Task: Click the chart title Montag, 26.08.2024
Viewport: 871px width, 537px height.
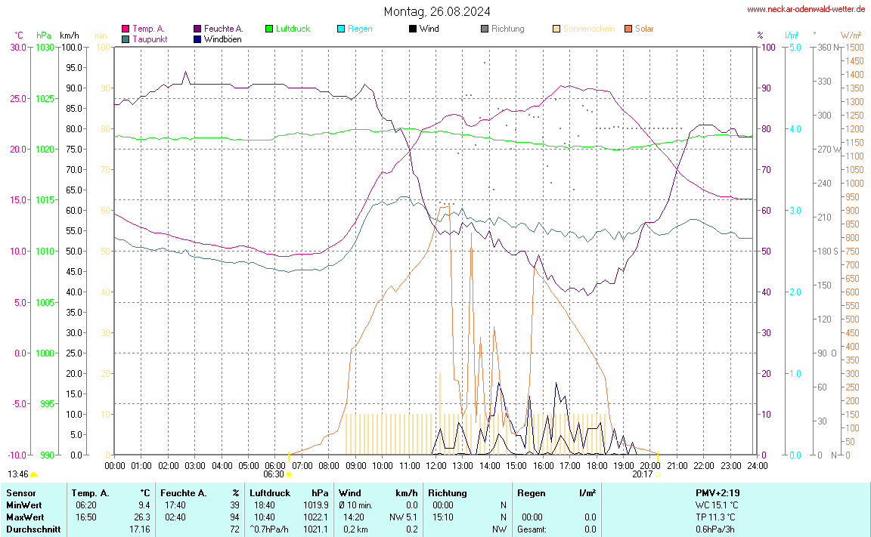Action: (436, 11)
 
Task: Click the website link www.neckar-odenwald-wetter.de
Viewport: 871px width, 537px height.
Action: (805, 9)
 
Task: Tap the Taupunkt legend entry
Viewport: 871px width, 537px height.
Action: (150, 39)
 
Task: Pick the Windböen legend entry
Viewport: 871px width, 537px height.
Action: (222, 39)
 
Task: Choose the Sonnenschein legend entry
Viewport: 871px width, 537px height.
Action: (588, 29)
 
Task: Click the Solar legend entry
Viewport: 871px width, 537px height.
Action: (644, 29)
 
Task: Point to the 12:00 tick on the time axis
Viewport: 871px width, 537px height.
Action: (435, 465)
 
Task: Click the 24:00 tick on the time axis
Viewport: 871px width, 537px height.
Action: (757, 465)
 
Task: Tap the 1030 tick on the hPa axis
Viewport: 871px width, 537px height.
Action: (45, 47)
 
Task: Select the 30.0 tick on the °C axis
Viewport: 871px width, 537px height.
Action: (17, 47)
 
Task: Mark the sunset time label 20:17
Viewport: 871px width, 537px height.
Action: (642, 474)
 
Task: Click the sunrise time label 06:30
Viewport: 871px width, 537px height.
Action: (273, 474)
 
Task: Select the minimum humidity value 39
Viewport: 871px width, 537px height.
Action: (234, 505)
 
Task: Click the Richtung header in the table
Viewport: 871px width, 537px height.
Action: (447, 493)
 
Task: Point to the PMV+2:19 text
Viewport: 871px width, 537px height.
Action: (717, 493)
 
